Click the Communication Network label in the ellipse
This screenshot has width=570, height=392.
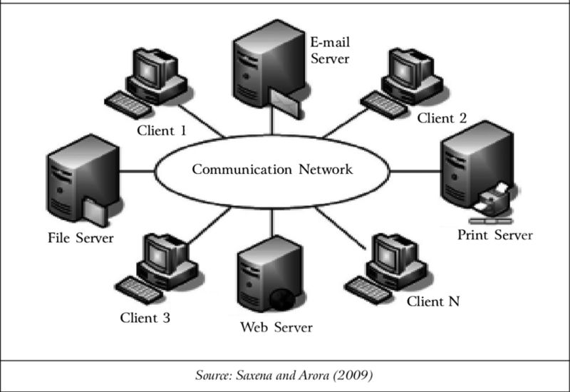(x=272, y=170)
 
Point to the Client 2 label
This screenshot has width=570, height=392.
(x=442, y=118)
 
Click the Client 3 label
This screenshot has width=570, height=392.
(x=145, y=318)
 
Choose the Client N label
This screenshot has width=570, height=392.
(x=433, y=301)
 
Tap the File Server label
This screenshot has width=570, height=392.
(x=81, y=237)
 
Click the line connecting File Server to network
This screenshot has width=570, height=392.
(x=137, y=171)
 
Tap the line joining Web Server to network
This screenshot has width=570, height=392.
(x=271, y=220)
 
